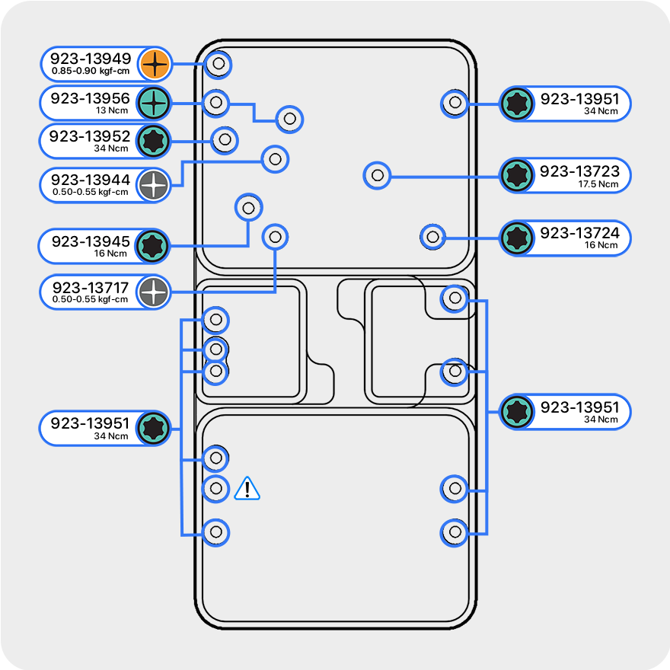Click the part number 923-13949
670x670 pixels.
(x=91, y=58)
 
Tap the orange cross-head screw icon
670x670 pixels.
(x=154, y=64)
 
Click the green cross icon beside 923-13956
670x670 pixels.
(x=154, y=102)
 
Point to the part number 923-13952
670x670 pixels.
(x=90, y=136)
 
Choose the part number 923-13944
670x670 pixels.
(x=91, y=180)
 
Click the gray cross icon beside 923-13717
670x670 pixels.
(x=154, y=291)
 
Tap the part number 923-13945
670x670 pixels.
(x=91, y=241)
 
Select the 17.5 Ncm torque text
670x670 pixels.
(x=598, y=184)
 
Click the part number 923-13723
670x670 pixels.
(x=580, y=171)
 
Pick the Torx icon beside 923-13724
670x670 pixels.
(x=517, y=238)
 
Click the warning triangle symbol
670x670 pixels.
(x=247, y=489)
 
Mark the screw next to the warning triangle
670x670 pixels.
(x=216, y=488)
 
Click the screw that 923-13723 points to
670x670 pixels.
(x=376, y=176)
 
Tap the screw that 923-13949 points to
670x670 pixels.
(x=219, y=64)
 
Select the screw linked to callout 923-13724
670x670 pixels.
(x=433, y=237)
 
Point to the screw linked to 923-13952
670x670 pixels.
(x=224, y=139)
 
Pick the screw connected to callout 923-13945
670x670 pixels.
(x=247, y=206)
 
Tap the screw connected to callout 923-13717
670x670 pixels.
(x=275, y=236)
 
